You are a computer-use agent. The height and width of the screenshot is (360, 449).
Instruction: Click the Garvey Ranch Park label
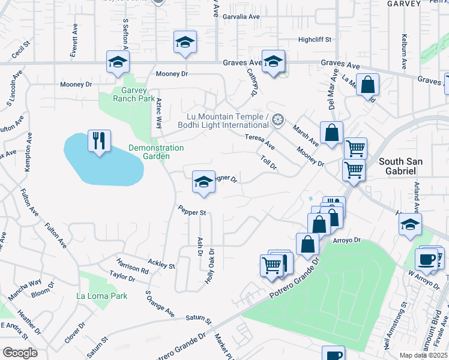(x=130, y=94)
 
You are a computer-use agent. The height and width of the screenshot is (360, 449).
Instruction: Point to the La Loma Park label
(x=102, y=296)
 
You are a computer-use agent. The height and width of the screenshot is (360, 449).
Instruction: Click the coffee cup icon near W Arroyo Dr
(x=427, y=259)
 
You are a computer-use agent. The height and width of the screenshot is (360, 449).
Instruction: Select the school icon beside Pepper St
(x=203, y=182)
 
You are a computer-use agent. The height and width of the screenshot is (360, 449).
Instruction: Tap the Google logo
(x=19, y=353)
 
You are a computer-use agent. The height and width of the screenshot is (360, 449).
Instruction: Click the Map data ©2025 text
(x=424, y=355)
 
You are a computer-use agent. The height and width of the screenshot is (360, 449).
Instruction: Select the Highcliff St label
(x=315, y=40)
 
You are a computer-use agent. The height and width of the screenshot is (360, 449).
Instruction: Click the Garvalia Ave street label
(x=241, y=17)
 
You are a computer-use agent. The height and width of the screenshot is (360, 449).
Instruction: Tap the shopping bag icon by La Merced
(x=367, y=85)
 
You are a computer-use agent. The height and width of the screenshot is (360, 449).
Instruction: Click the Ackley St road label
(x=161, y=263)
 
